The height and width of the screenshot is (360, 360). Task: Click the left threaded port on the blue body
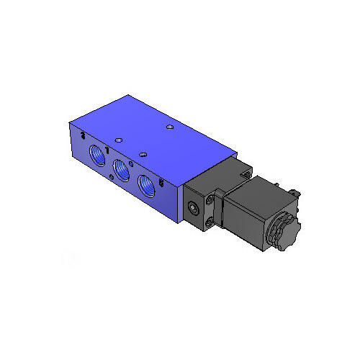pyautogui.click(x=96, y=155)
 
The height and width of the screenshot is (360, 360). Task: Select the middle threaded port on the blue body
pyautogui.click(x=122, y=170)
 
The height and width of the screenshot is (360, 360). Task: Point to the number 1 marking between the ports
pyautogui.click(x=108, y=150)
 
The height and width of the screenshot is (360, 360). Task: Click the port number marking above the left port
pyautogui.click(x=85, y=135)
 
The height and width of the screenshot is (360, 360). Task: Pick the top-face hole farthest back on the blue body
pyautogui.click(x=168, y=127)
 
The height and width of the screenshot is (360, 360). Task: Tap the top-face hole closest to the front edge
pyautogui.click(x=143, y=153)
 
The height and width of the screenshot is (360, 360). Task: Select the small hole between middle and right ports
pyautogui.click(x=135, y=173)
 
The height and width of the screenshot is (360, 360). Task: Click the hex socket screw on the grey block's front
pyautogui.click(x=194, y=209)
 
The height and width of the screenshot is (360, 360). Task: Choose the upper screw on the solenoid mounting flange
pyautogui.click(x=212, y=201)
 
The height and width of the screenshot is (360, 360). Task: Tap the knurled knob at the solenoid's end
pyautogui.click(x=283, y=234)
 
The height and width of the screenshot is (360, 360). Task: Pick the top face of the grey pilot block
pyautogui.click(x=216, y=176)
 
